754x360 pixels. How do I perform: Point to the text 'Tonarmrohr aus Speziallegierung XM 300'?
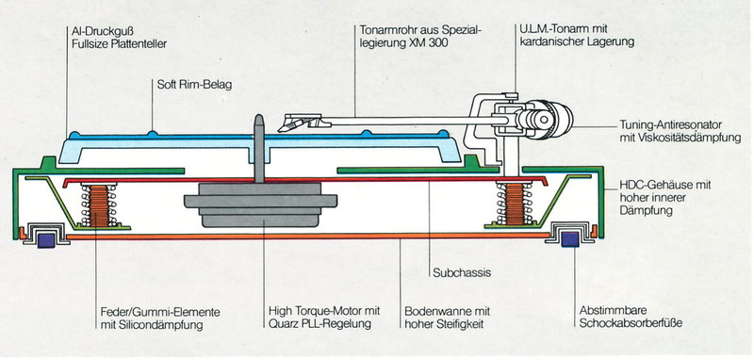(420, 37)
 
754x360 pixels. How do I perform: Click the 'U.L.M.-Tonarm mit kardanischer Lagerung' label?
(577, 36)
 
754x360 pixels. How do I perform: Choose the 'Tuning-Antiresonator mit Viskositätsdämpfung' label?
(680, 132)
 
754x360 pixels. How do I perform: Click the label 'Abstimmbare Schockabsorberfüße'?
(631, 317)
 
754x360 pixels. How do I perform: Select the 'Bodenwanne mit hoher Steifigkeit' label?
(447, 318)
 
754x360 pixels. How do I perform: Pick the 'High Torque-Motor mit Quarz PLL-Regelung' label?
(324, 318)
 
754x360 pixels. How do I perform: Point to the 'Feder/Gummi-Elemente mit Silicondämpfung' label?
(160, 319)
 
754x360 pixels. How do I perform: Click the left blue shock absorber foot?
(45, 239)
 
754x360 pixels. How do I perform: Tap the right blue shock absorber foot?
(570, 239)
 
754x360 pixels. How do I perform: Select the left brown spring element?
(100, 205)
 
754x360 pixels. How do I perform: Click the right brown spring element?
(514, 204)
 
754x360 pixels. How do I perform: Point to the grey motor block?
(260, 205)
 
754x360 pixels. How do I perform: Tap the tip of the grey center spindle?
(258, 115)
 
